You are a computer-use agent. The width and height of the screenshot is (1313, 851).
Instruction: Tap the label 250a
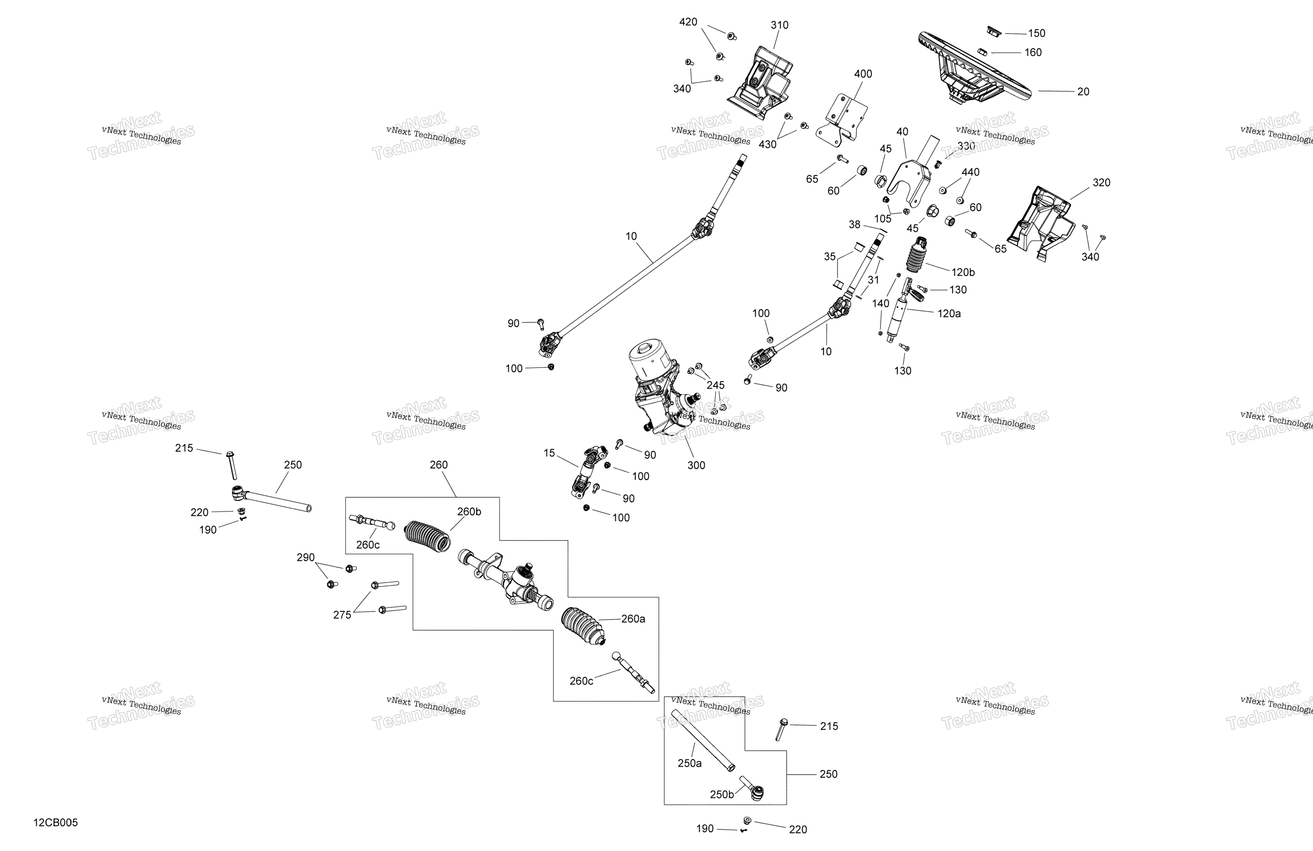click(x=690, y=763)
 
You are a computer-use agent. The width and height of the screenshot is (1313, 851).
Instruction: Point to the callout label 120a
click(x=949, y=313)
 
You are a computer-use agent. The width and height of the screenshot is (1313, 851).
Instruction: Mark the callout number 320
click(x=1101, y=182)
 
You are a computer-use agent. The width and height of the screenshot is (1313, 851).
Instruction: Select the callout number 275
click(x=342, y=615)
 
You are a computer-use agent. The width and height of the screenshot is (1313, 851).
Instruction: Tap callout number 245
click(x=716, y=385)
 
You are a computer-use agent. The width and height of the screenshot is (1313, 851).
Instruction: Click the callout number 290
click(x=306, y=557)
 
